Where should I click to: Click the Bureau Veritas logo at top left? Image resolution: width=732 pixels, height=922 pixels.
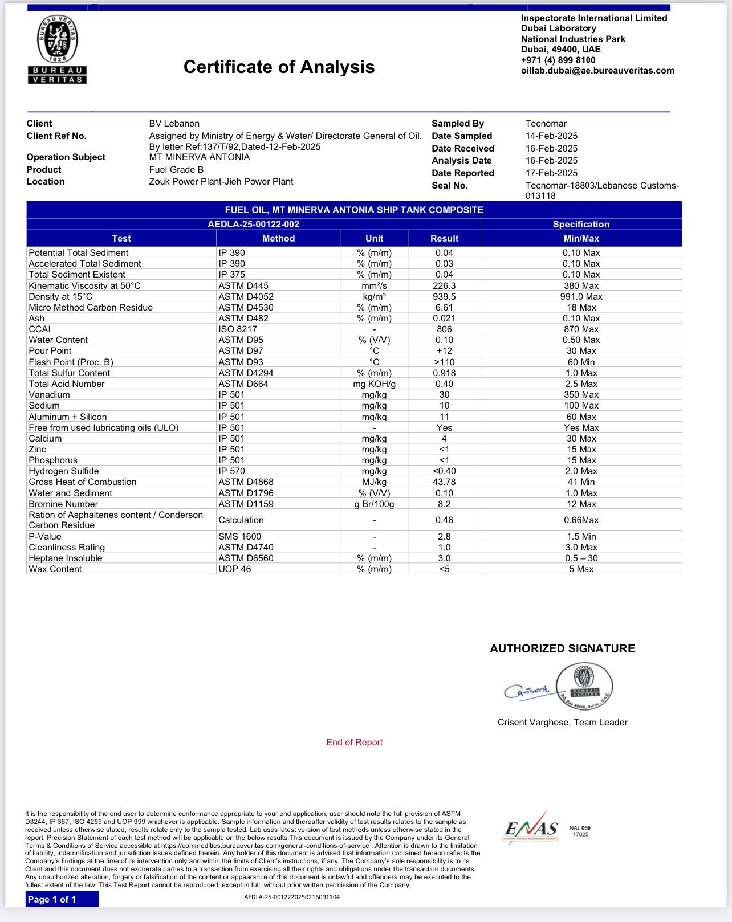(58, 50)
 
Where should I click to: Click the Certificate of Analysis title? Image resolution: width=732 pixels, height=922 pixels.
(279, 67)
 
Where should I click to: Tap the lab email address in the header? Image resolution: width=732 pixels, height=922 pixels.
(597, 71)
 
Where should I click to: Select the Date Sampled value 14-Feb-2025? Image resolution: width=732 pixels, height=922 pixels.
(551, 136)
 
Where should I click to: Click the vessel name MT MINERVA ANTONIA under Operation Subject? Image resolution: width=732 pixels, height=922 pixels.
(200, 157)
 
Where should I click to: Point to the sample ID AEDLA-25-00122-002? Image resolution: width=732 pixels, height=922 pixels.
(253, 225)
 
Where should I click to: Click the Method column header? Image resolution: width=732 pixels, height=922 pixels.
(278, 239)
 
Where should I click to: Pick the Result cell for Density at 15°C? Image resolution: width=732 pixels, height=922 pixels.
(444, 297)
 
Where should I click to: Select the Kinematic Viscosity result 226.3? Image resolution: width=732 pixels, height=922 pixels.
(444, 286)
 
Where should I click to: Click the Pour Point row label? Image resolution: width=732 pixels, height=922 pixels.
(50, 351)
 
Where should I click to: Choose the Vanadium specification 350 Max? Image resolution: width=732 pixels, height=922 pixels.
(581, 395)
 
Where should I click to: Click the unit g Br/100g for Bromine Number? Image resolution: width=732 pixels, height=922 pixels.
(374, 504)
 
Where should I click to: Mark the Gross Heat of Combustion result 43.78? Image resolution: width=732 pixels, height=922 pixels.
(444, 482)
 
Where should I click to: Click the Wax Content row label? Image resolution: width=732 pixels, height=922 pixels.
(55, 569)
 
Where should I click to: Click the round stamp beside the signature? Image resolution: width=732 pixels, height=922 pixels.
(584, 685)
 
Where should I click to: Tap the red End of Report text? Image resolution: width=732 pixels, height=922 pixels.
(354, 743)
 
